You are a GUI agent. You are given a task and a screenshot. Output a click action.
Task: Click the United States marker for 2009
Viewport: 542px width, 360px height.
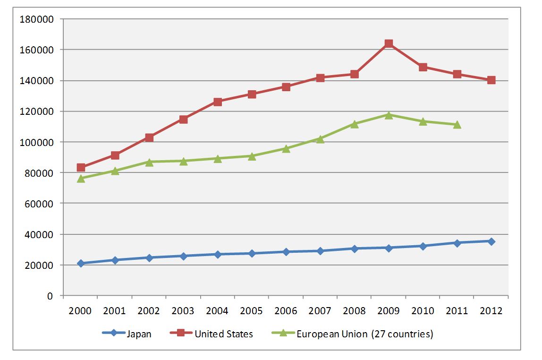pyautogui.click(x=389, y=43)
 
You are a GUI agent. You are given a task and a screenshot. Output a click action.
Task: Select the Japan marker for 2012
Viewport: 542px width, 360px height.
pyautogui.click(x=491, y=241)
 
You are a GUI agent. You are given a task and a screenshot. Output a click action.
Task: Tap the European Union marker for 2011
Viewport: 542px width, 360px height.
pyautogui.click(x=457, y=125)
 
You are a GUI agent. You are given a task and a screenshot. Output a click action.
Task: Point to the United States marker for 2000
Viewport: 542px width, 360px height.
pyautogui.click(x=81, y=167)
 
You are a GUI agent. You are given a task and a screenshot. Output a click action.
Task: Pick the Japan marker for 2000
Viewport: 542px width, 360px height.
pyautogui.click(x=81, y=263)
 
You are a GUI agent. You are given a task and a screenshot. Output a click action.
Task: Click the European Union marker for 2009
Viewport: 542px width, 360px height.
pyautogui.click(x=389, y=115)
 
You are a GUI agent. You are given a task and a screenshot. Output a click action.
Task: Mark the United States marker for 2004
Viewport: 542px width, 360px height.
pyautogui.click(x=218, y=102)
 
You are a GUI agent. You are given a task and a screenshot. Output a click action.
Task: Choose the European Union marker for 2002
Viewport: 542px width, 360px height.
pyautogui.click(x=149, y=162)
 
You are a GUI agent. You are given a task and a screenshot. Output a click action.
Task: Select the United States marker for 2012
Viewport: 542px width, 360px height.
pyautogui.click(x=491, y=80)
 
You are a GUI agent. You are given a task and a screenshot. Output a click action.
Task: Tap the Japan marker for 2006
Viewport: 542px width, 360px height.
pyautogui.click(x=286, y=252)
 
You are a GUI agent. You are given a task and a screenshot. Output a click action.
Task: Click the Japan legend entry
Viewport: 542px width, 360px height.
pyautogui.click(x=127, y=334)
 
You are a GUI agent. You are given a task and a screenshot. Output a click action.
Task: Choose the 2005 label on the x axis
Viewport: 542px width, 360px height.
pyautogui.click(x=252, y=311)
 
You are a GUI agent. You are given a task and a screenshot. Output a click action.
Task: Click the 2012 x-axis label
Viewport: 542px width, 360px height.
pyautogui.click(x=491, y=311)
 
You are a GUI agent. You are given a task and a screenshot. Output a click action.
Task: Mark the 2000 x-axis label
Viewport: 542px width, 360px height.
pyautogui.click(x=81, y=311)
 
